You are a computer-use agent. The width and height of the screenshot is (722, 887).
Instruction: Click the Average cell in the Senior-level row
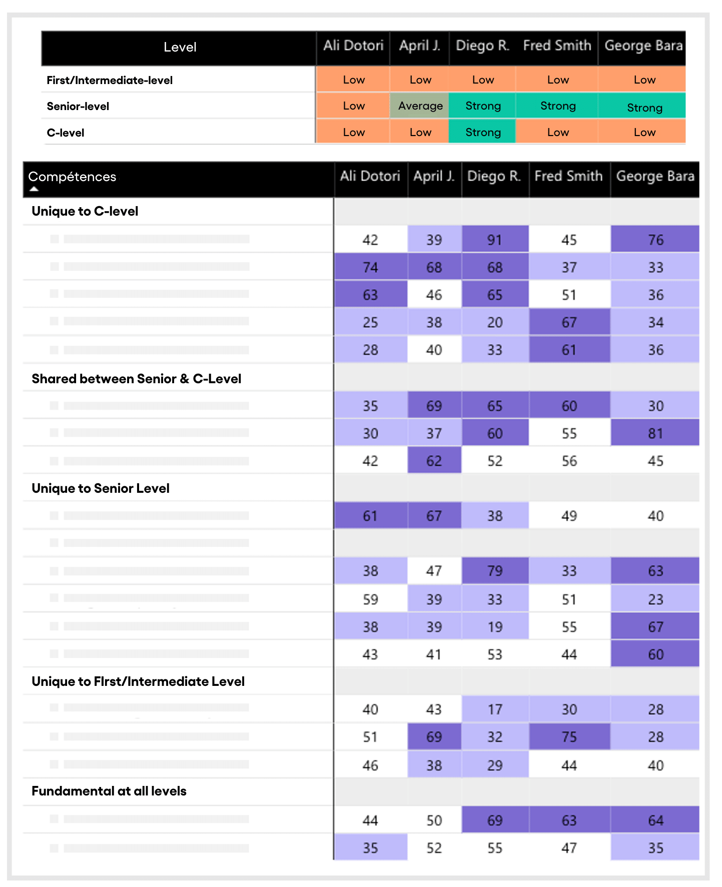pos(420,106)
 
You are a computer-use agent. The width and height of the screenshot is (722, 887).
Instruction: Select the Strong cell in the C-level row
pos(482,132)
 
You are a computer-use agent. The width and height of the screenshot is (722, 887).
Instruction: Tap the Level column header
pos(180,48)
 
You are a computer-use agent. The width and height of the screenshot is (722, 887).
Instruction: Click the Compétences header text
pos(72,177)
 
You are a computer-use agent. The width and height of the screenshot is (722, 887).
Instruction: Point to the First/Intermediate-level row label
pos(110,80)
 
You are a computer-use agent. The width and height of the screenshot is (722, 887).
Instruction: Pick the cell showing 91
pos(495,239)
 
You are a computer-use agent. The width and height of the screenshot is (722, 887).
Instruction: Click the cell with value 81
pos(655,433)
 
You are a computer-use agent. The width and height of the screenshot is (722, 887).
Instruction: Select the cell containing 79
pos(495,571)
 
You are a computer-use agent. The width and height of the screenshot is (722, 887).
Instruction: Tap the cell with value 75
pos(569,736)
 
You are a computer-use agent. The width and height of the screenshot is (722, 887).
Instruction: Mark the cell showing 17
pos(495,709)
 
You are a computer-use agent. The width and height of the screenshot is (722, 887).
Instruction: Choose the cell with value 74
pos(370,267)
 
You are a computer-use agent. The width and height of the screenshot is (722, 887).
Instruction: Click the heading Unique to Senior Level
pos(101,488)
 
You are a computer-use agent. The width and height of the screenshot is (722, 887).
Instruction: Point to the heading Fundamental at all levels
pos(109,791)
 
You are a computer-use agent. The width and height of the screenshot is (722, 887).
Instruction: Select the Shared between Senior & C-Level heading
pos(137,379)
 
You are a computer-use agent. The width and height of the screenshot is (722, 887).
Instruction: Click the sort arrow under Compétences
pos(34,189)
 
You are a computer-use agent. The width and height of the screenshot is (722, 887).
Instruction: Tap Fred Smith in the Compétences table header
pos(568,176)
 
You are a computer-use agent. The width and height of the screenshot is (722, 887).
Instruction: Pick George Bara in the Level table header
pos(643,46)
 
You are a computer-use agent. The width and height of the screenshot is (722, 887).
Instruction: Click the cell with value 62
pos(434,460)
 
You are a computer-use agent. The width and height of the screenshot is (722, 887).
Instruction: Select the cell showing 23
pos(655,599)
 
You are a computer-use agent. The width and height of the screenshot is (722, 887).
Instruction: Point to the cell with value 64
pos(655,820)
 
